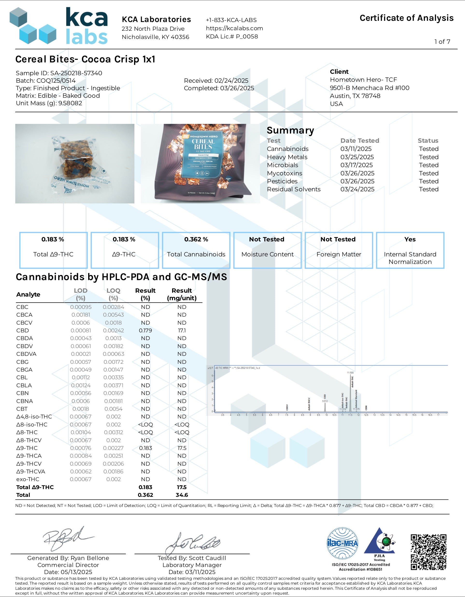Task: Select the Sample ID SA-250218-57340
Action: point(76,73)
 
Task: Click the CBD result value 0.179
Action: point(145,330)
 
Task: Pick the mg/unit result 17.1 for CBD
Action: point(182,330)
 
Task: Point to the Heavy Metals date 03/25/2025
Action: point(357,157)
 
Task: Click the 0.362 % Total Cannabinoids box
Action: point(196,250)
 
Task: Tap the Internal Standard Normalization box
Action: point(410,250)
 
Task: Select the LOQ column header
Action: point(113,294)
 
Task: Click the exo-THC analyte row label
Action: point(28,479)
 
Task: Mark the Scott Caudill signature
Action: point(193,543)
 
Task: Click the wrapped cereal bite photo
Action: point(75,164)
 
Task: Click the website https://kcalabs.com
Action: point(234,28)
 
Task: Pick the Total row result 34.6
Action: point(182,495)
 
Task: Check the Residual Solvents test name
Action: point(293,189)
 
